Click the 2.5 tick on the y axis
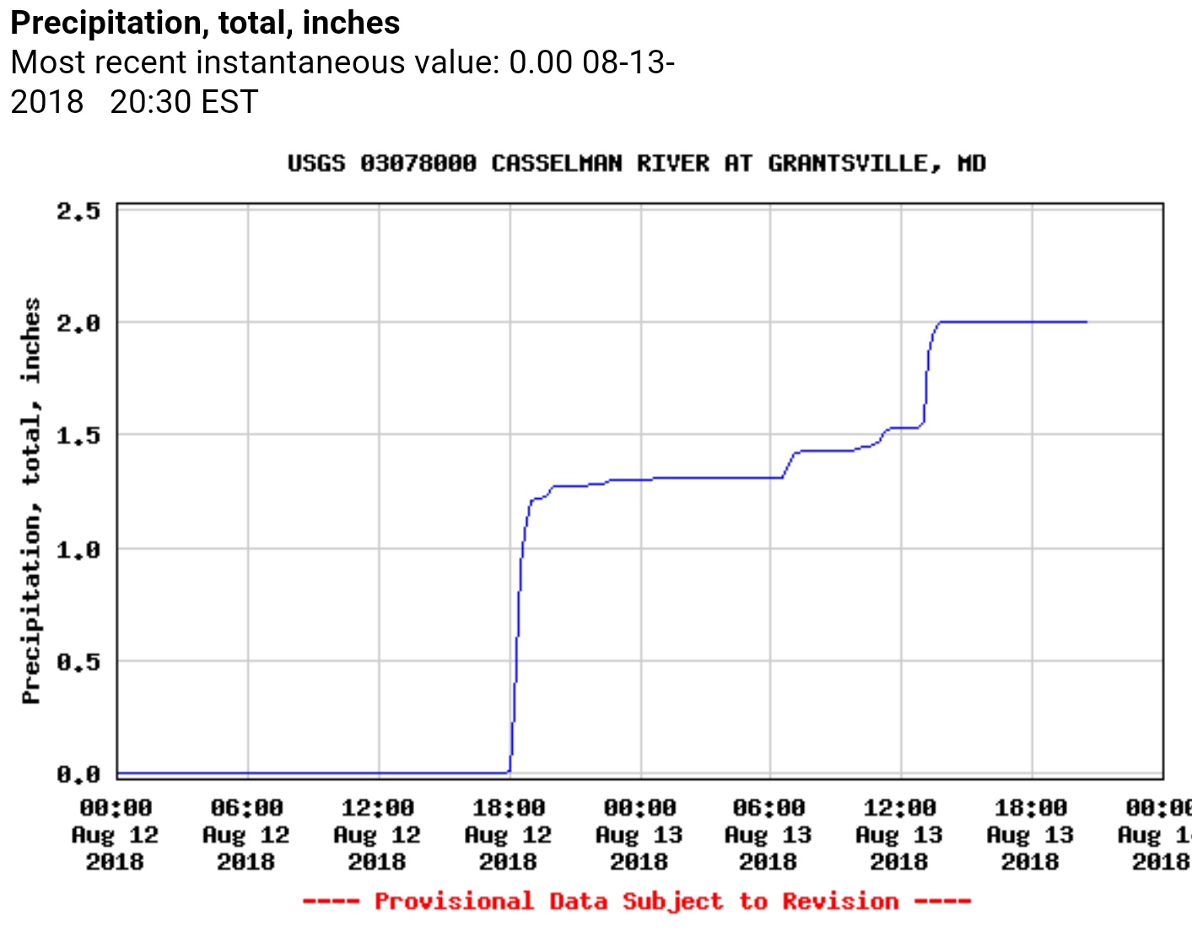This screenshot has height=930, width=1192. [x=78, y=211]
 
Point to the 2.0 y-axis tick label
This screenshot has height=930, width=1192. [x=78, y=323]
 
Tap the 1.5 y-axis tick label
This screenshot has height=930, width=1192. [x=78, y=436]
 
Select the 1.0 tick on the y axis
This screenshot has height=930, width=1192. [x=78, y=550]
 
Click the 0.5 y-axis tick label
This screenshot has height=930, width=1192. [x=78, y=663]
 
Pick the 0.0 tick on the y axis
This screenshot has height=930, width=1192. [x=78, y=774]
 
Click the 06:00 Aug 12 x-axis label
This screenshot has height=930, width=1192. [x=246, y=835]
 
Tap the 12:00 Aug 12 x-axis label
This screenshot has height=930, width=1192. [x=377, y=835]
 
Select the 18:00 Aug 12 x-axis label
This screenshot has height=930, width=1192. [x=508, y=835]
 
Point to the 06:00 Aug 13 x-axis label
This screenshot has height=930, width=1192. [x=769, y=835]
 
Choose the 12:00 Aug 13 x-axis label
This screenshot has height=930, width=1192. [x=899, y=835]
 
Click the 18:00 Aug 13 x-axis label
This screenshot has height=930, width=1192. [x=1030, y=835]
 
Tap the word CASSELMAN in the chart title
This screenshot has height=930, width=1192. [x=557, y=163]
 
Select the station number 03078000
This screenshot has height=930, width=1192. [x=418, y=163]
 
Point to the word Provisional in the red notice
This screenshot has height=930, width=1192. [x=453, y=901]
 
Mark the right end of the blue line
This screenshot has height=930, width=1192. [x=1087, y=322]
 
